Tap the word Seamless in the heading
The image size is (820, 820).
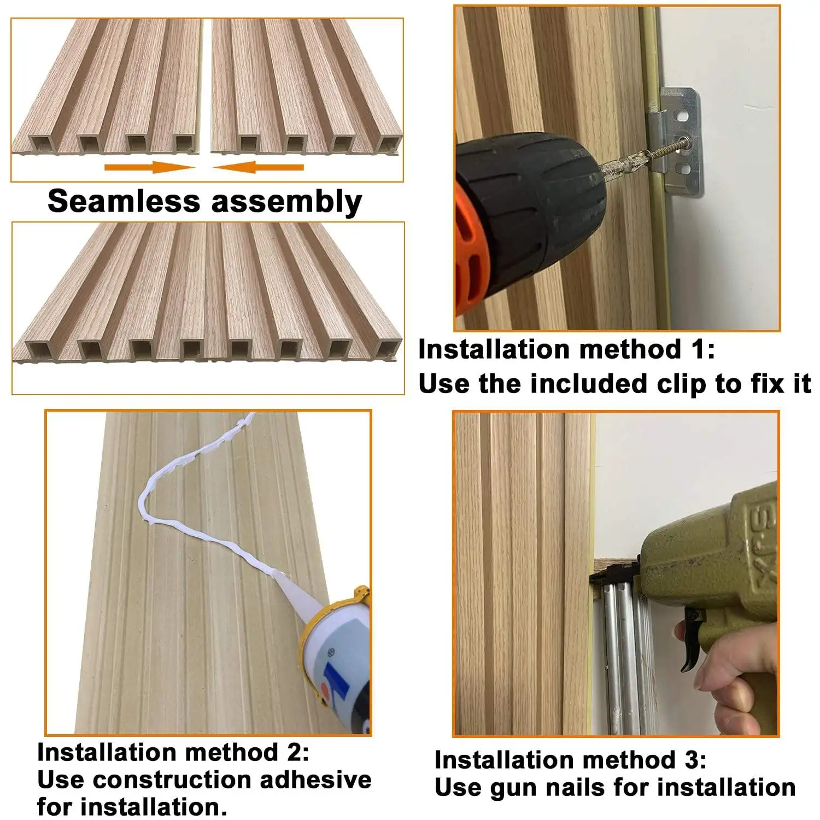click(x=124, y=201)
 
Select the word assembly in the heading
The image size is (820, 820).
click(x=286, y=202)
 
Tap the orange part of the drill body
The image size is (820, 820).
click(x=467, y=241)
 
